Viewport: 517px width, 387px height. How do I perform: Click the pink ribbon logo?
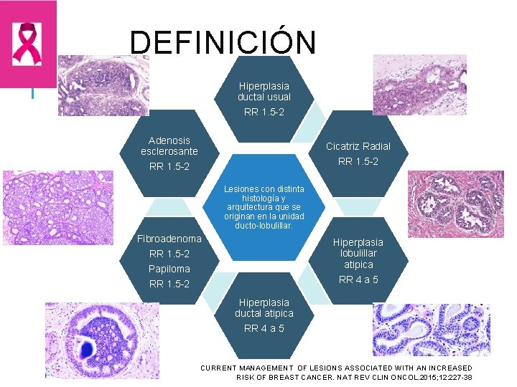(x=28, y=43)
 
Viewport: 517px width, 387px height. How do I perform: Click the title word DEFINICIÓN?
(x=223, y=42)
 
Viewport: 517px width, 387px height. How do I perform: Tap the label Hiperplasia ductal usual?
(x=264, y=91)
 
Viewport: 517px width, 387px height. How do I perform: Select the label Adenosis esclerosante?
(x=169, y=145)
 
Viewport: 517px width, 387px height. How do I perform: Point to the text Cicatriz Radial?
(x=358, y=146)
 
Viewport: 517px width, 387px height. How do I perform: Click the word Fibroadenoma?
(x=169, y=238)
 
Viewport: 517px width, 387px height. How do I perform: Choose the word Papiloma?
(x=169, y=269)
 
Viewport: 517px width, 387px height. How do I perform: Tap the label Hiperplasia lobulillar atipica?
(x=358, y=253)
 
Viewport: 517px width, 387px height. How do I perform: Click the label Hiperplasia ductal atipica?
(x=264, y=307)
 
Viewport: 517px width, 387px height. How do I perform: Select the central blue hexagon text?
(x=264, y=207)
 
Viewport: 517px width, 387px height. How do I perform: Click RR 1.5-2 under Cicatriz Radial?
(x=358, y=161)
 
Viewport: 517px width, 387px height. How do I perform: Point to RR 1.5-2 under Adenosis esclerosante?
(x=169, y=167)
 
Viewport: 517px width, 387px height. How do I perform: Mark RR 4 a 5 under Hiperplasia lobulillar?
(x=358, y=279)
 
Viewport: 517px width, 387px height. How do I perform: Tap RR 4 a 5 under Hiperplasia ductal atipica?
(x=264, y=328)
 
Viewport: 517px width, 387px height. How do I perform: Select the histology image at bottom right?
(x=431, y=330)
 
